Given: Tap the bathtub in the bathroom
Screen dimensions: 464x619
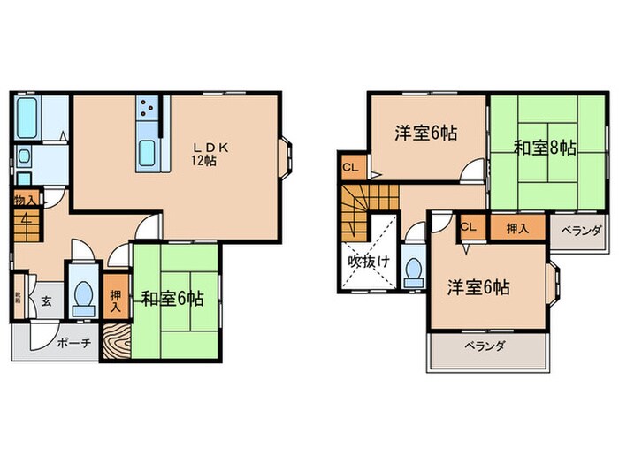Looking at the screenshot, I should tap(27, 116).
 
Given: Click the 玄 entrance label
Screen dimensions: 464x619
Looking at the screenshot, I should tap(46, 300).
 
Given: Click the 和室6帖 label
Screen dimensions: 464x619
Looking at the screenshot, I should tap(172, 299).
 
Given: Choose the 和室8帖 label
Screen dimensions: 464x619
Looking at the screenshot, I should tap(545, 148).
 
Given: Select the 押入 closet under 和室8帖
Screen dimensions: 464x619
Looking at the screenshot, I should tap(519, 228).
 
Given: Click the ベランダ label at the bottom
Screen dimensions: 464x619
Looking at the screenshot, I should tap(484, 346).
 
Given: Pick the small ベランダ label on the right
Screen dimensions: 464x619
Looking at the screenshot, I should tap(581, 231).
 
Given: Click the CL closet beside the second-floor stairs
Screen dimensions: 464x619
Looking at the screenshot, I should tap(351, 166).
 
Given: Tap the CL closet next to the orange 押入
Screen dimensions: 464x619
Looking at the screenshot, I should tap(469, 226).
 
